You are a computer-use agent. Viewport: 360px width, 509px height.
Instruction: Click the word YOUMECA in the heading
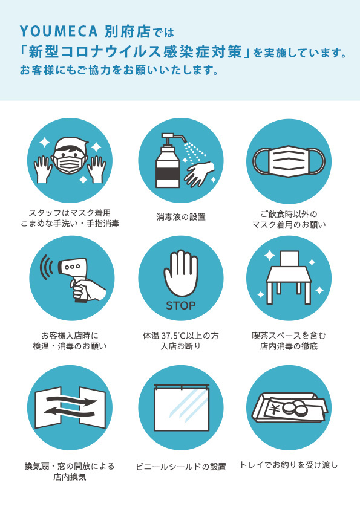(59, 31)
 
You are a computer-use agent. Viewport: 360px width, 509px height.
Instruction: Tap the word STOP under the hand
(181, 305)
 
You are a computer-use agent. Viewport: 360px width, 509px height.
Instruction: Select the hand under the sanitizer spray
(200, 173)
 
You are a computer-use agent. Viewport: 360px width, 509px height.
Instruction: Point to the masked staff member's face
(70, 157)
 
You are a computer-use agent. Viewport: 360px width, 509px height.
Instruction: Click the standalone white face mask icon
(289, 161)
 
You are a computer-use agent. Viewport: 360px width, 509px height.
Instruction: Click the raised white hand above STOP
(181, 273)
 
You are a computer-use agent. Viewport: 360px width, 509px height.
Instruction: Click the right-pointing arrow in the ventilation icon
(71, 400)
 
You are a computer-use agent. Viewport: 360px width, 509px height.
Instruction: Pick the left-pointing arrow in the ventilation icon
(69, 411)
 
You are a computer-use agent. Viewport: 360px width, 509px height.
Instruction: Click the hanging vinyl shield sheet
(181, 408)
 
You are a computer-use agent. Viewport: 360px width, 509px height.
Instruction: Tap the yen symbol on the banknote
(275, 410)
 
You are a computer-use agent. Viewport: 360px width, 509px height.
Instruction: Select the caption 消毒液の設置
(181, 217)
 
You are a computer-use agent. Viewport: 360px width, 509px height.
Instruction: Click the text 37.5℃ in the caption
(176, 336)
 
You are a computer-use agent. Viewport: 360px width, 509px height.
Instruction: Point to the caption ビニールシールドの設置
(181, 467)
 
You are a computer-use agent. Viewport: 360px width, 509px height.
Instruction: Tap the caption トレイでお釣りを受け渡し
(289, 465)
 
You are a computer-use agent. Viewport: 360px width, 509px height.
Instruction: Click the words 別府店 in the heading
(128, 31)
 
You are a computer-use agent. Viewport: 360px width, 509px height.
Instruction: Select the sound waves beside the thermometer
(46, 267)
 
